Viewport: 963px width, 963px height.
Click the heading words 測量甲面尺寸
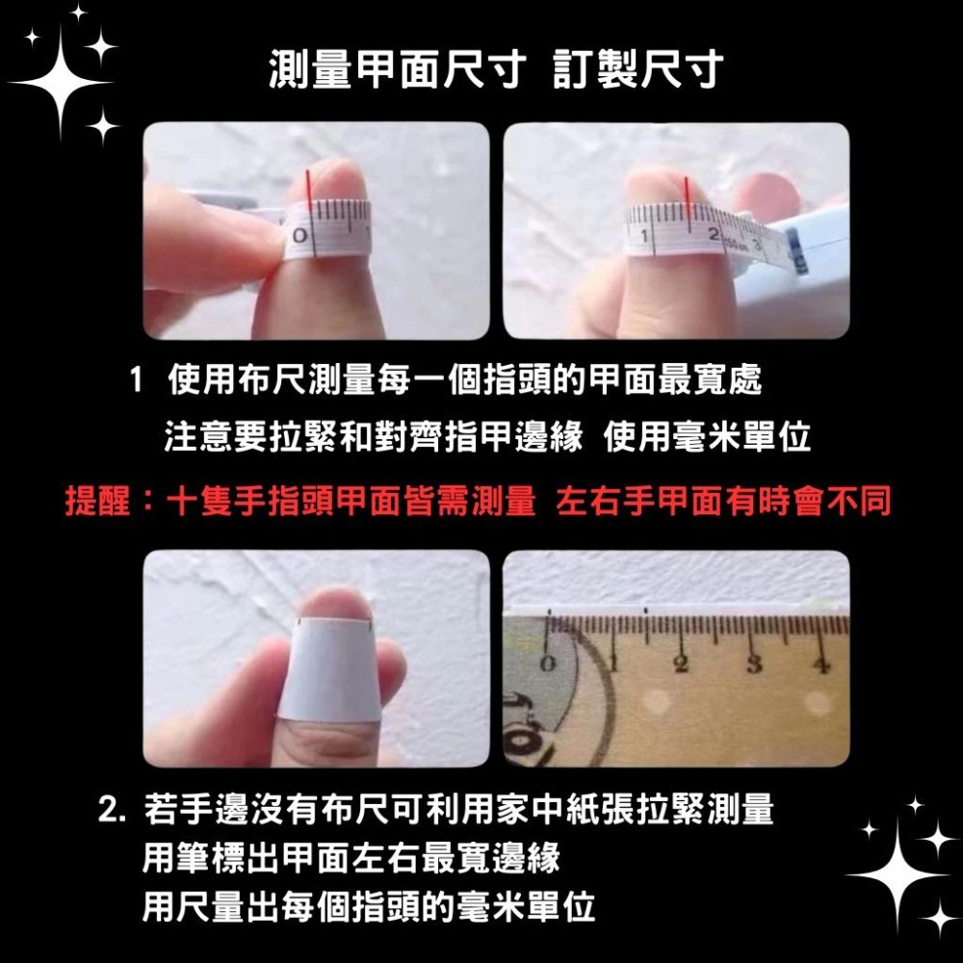point(396,72)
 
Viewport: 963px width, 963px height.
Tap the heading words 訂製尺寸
point(638,72)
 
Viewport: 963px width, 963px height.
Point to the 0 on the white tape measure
point(301,236)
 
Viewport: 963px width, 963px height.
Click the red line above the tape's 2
point(685,194)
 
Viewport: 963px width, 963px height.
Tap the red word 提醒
point(97,501)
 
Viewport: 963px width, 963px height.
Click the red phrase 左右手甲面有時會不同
point(724,501)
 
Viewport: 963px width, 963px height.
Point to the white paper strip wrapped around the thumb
point(327,674)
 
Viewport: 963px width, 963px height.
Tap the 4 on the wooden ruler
point(821,664)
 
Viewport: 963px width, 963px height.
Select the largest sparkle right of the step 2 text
point(900,873)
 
